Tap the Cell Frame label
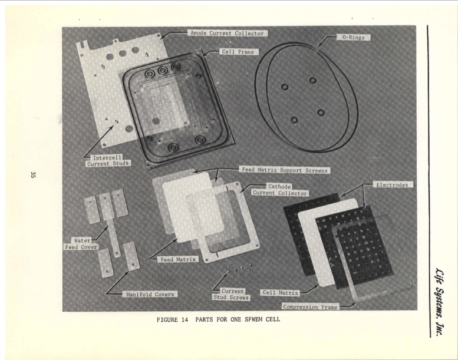tap(237, 52)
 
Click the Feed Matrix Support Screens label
tap(285, 170)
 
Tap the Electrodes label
tap(394, 184)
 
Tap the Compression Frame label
tap(310, 307)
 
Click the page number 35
tap(34, 174)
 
